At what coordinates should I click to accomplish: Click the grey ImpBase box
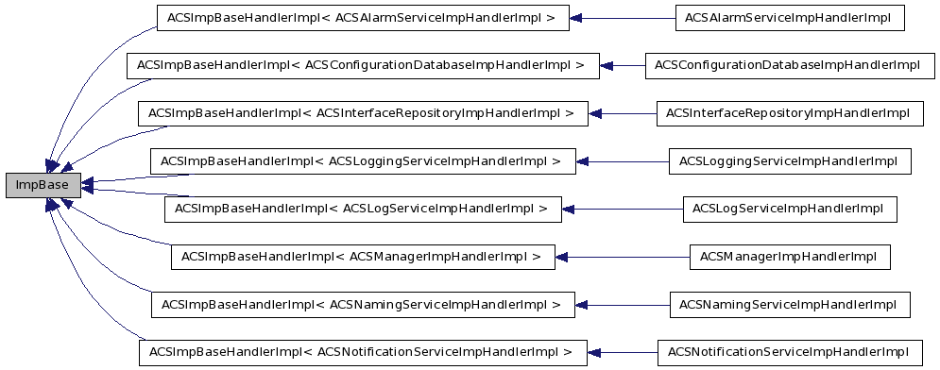(43, 185)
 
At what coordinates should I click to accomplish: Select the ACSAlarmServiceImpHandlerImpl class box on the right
(789, 17)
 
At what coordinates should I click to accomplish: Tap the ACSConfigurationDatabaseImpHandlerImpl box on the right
(782, 65)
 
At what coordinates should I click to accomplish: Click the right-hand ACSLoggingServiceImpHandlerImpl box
(789, 161)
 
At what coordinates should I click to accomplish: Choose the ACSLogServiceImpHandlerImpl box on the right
(789, 209)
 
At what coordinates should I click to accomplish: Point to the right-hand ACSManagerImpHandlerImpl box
(789, 257)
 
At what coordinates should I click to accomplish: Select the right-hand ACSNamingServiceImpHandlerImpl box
(789, 305)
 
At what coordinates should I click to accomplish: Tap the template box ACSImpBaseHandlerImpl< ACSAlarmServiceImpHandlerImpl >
(362, 17)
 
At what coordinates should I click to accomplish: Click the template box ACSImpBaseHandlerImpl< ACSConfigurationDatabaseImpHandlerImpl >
(362, 65)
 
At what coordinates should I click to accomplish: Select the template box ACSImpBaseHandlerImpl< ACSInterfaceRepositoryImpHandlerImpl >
(363, 113)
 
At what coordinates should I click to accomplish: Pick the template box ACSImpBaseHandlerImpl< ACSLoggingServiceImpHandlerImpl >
(362, 161)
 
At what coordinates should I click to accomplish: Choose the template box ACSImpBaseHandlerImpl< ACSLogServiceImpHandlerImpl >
(362, 209)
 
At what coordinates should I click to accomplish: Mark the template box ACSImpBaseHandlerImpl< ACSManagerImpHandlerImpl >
(362, 257)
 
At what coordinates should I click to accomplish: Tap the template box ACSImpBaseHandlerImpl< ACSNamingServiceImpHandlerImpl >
(362, 305)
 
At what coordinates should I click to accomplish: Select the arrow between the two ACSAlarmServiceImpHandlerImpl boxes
(624, 17)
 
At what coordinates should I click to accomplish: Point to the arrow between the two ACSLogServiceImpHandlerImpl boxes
(624, 209)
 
